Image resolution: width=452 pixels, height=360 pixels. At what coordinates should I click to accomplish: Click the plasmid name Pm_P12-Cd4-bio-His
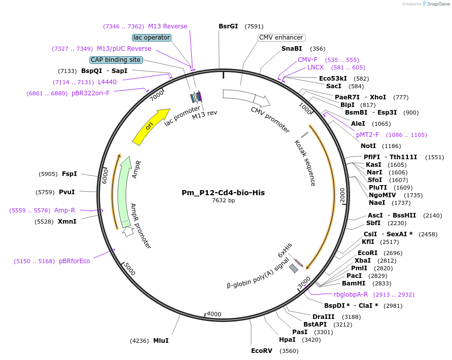click(x=223, y=193)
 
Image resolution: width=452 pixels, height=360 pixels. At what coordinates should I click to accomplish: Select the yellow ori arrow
click(x=151, y=126)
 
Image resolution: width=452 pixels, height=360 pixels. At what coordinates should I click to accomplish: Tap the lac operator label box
click(x=152, y=38)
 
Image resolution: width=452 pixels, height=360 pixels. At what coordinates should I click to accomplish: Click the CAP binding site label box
click(x=116, y=60)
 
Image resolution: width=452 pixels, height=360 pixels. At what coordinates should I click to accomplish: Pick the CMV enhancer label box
click(x=282, y=38)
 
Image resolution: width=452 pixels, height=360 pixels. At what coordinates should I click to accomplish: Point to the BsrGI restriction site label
click(x=228, y=26)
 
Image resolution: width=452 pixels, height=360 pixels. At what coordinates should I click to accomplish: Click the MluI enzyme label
click(x=161, y=341)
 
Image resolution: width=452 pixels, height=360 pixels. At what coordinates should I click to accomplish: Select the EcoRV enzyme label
click(x=262, y=350)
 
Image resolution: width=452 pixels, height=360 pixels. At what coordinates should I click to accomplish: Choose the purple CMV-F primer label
click(x=307, y=60)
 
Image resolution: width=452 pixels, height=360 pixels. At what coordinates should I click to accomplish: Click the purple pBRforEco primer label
click(x=75, y=261)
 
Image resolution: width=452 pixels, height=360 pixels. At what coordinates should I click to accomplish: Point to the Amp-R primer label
click(x=65, y=210)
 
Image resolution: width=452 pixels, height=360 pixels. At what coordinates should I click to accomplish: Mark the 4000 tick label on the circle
click(x=214, y=314)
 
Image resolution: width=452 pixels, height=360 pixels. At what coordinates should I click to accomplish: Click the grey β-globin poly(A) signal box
click(x=294, y=269)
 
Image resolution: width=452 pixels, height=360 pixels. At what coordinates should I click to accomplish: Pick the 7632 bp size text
click(x=223, y=201)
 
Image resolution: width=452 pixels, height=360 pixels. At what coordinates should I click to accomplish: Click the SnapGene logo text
click(x=439, y=4)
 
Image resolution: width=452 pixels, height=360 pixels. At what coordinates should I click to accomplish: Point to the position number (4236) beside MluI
click(x=140, y=341)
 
